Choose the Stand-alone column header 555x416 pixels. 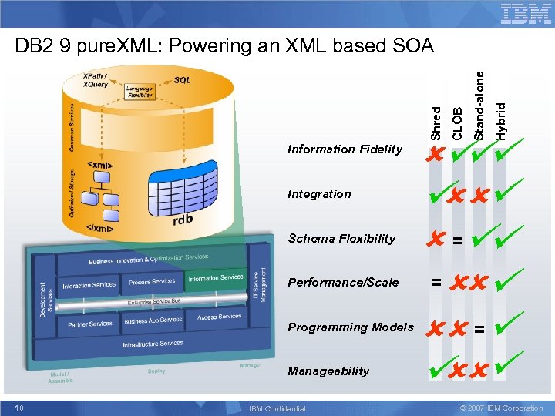479,106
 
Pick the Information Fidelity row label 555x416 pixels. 345,149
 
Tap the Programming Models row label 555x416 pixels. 351,327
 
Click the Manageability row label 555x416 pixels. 328,371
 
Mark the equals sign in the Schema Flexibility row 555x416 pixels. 458,240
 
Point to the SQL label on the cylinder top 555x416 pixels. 183,79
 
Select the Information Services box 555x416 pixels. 215,278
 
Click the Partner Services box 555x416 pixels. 89,324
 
